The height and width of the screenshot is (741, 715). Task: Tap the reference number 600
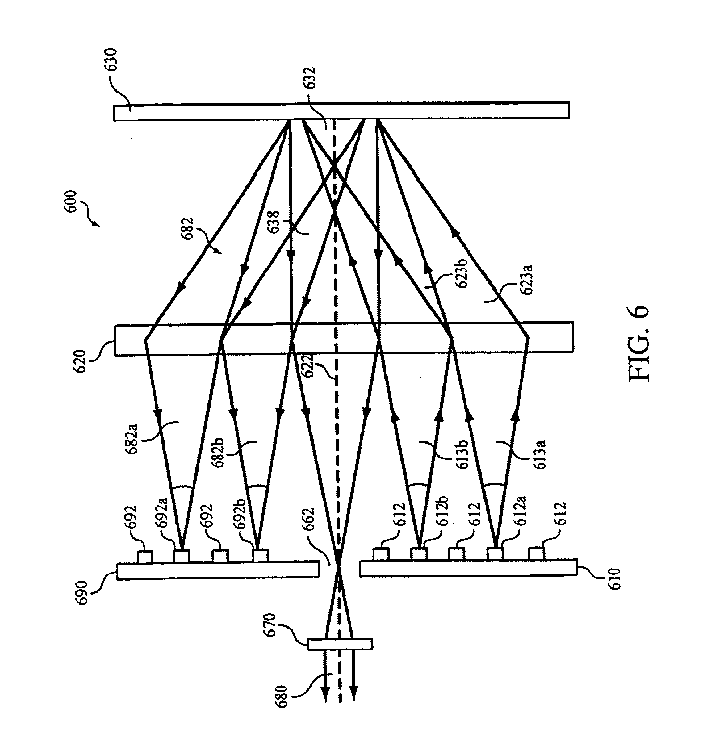pyautogui.click(x=72, y=203)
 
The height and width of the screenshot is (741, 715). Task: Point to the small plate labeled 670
pyautogui.click(x=340, y=644)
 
